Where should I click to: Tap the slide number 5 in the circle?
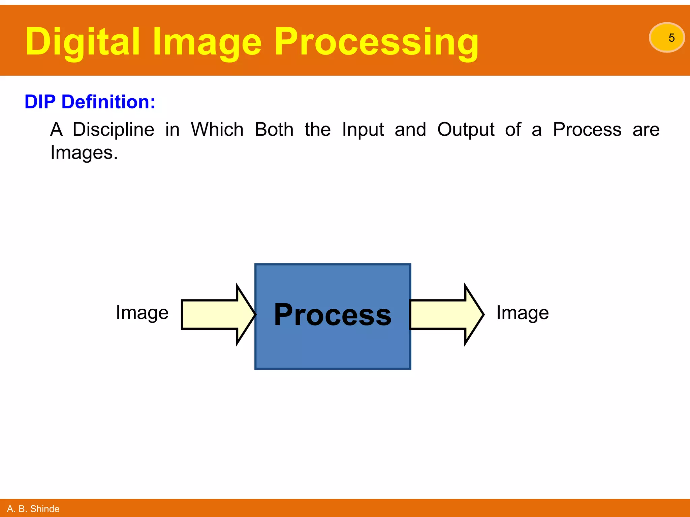click(x=671, y=38)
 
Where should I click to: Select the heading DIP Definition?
click(x=90, y=102)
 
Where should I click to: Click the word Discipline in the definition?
click(x=114, y=130)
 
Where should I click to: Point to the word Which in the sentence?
click(x=217, y=129)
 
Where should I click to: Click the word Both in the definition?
click(x=274, y=129)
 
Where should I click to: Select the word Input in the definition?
click(x=363, y=130)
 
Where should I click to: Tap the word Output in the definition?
click(x=466, y=130)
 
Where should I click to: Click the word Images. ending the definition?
click(x=84, y=153)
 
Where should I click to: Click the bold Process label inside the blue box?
click(x=333, y=315)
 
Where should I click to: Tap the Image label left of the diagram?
click(x=142, y=313)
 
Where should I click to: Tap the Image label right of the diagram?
click(x=522, y=313)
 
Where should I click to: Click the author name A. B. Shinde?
click(x=33, y=509)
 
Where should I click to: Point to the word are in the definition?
click(x=646, y=130)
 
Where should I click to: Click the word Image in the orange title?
click(x=207, y=42)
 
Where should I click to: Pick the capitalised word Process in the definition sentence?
click(x=587, y=129)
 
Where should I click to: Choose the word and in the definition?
click(x=410, y=129)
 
